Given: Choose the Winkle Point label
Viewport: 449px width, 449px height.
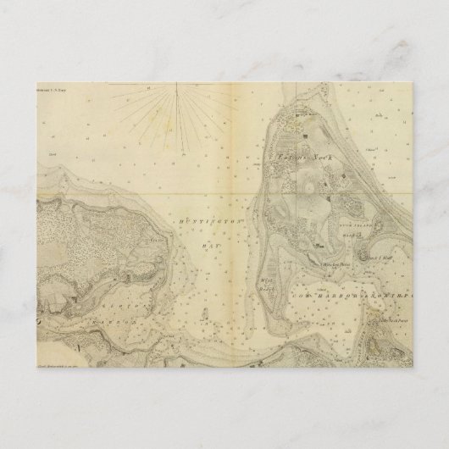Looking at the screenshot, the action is click(336, 263).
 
